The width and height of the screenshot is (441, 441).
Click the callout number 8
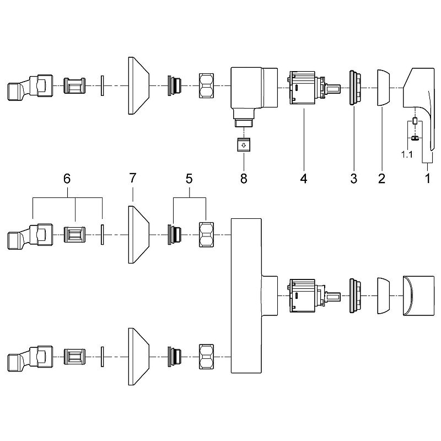pyautogui.click(x=243, y=179)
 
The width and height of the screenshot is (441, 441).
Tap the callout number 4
pyautogui.click(x=303, y=179)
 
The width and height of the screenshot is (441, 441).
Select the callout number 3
pyautogui.click(x=353, y=179)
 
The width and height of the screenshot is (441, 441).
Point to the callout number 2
pyautogui.click(x=380, y=179)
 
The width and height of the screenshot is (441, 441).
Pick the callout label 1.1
pyautogui.click(x=406, y=155)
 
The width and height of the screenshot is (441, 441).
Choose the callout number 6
pyautogui.click(x=67, y=179)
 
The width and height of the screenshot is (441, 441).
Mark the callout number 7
pyautogui.click(x=133, y=179)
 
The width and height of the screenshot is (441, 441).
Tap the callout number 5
pyautogui.click(x=189, y=179)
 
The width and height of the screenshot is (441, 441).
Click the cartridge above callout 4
pyautogui.click(x=304, y=88)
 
